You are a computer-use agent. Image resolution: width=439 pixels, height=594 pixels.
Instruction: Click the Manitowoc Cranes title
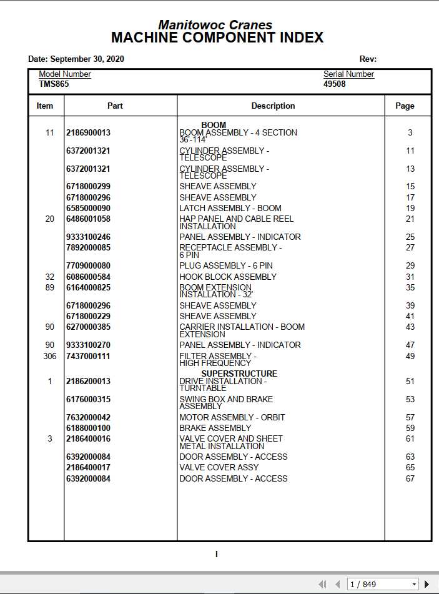[215, 25]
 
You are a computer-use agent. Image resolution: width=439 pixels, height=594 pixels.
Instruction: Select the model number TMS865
[54, 84]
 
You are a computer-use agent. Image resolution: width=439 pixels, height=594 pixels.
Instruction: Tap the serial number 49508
[334, 84]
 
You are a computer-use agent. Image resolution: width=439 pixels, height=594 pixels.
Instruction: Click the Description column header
[273, 106]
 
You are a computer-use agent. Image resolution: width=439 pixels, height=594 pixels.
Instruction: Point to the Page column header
[405, 106]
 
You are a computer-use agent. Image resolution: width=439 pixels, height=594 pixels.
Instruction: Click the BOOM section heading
[214, 125]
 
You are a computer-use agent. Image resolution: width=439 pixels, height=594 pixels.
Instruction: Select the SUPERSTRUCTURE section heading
[239, 374]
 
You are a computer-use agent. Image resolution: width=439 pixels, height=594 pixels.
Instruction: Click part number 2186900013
[88, 132]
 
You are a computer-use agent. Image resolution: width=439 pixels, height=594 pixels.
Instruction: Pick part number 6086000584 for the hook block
[88, 277]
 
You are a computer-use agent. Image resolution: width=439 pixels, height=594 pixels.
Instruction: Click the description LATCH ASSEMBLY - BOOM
[230, 208]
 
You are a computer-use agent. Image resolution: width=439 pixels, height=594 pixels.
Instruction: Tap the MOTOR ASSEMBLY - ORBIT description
[232, 417]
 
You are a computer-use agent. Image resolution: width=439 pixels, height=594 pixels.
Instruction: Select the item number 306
[50, 356]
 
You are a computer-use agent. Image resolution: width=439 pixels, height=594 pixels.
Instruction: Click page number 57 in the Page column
[410, 417]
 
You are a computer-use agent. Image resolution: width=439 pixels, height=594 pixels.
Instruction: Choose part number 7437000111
[88, 356]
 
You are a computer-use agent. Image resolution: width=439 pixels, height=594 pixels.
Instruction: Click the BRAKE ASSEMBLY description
[215, 428]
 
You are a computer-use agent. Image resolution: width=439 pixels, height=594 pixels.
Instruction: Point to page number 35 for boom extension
[410, 288]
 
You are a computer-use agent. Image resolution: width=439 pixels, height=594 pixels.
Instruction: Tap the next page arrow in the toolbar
[427, 584]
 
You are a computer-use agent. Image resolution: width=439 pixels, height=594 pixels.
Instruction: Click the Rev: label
[368, 59]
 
